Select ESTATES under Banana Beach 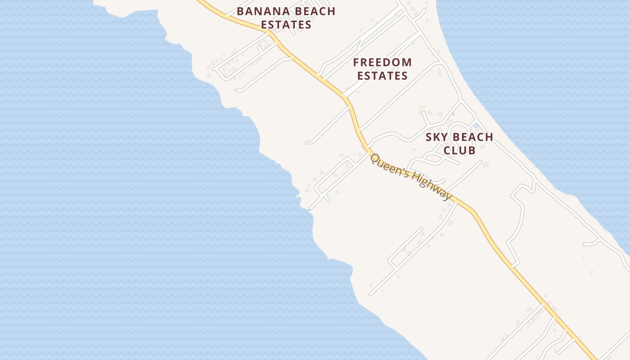pyautogui.click(x=286, y=25)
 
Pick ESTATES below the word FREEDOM pyautogui.click(x=382, y=76)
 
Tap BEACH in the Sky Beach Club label pyautogui.click(x=472, y=137)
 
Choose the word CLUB pyautogui.click(x=459, y=150)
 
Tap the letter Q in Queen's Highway pyautogui.click(x=375, y=159)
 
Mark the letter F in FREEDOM pyautogui.click(x=356, y=62)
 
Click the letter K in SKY pyautogui.click(x=437, y=137)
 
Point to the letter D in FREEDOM pyautogui.click(x=389, y=62)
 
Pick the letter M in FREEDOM pyautogui.click(x=407, y=62)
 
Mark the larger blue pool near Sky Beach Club pyautogui.click(x=476, y=126)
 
